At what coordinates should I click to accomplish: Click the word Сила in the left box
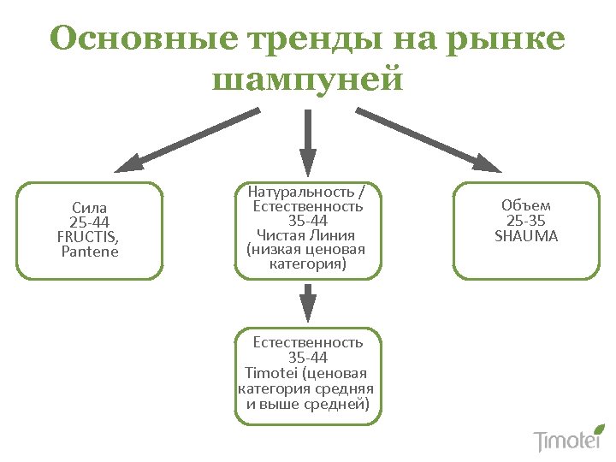[x=89, y=208]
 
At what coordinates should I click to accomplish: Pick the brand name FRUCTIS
[x=87, y=237]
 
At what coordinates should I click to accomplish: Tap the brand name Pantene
[x=90, y=252]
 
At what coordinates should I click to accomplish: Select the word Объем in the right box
[x=526, y=205]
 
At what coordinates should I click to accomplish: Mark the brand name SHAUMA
[x=526, y=236]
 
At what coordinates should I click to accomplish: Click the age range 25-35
[x=526, y=221]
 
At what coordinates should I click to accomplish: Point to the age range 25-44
[x=89, y=222]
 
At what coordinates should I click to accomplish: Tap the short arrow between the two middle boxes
[x=308, y=302]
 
